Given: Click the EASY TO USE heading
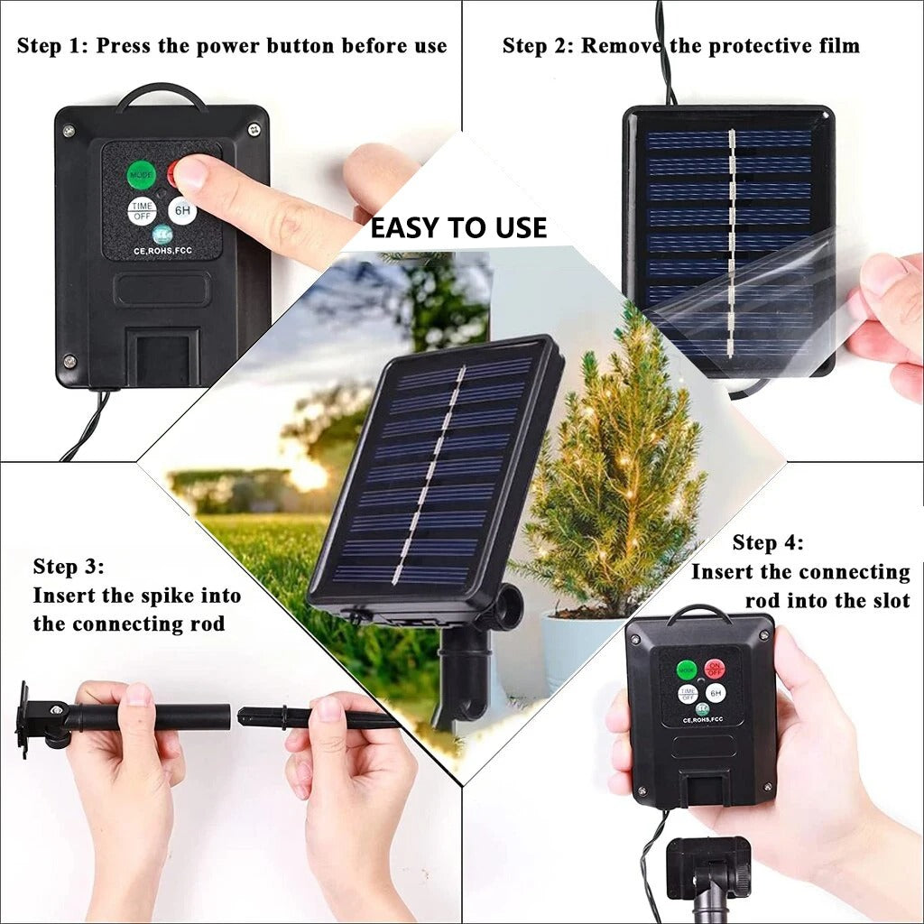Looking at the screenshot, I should click(458, 227).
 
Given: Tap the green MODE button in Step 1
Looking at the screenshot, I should click(141, 173).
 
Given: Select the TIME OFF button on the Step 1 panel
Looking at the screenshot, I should click(142, 211).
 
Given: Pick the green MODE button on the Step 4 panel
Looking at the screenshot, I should click(687, 670).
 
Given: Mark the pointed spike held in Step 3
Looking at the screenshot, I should click(316, 718).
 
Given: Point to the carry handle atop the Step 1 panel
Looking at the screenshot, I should click(161, 94).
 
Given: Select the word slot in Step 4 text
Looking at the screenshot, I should click(888, 601).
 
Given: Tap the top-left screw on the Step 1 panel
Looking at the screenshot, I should click(69, 131).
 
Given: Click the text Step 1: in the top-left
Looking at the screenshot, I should click(52, 45).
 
